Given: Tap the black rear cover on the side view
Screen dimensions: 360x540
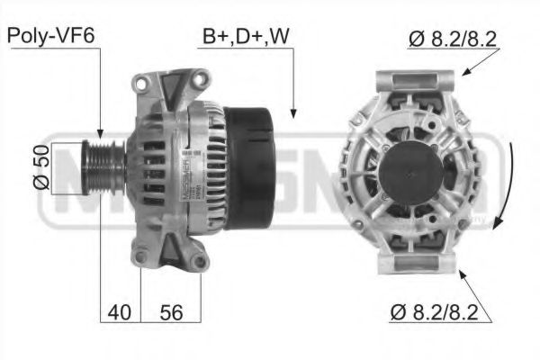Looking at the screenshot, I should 247,167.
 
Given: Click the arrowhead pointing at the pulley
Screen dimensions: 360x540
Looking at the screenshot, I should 101,135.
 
